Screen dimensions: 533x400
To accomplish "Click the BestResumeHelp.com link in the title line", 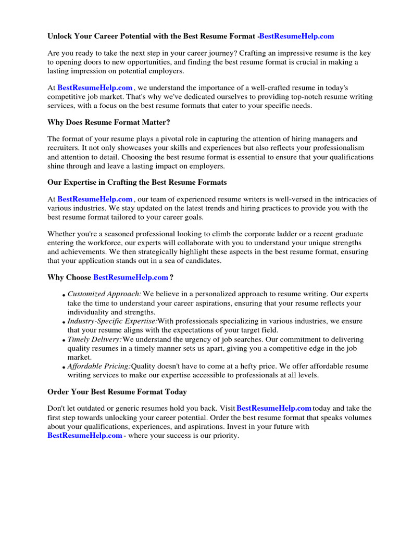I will pyautogui.click(x=296, y=36).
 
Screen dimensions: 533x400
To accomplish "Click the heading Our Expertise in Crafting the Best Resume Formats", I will pyautogui.click(x=137, y=183).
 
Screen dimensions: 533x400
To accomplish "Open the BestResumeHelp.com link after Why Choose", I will pyautogui.click(x=131, y=277).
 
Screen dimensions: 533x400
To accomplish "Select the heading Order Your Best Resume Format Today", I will pyautogui.click(x=117, y=392).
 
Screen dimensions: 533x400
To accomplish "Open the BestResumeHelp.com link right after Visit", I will pyautogui.click(x=274, y=409).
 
